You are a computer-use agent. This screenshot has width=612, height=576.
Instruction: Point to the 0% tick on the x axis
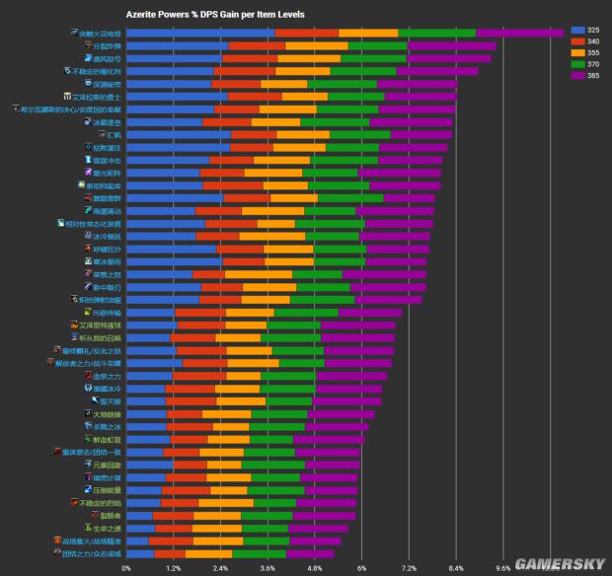coord(126,568)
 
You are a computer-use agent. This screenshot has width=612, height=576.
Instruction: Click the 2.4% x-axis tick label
coord(220,568)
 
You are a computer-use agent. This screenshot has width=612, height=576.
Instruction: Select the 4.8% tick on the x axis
coord(315,568)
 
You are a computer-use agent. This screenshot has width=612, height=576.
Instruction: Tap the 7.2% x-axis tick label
coord(409,568)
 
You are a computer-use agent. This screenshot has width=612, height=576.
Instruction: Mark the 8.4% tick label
coord(456,568)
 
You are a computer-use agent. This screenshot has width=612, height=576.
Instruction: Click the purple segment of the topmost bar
coord(519,33)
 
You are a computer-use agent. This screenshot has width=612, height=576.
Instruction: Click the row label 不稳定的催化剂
coord(96,71)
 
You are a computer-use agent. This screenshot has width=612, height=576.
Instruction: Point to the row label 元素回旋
coord(106,464)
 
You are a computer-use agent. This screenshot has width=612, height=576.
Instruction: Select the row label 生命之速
coord(106,528)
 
